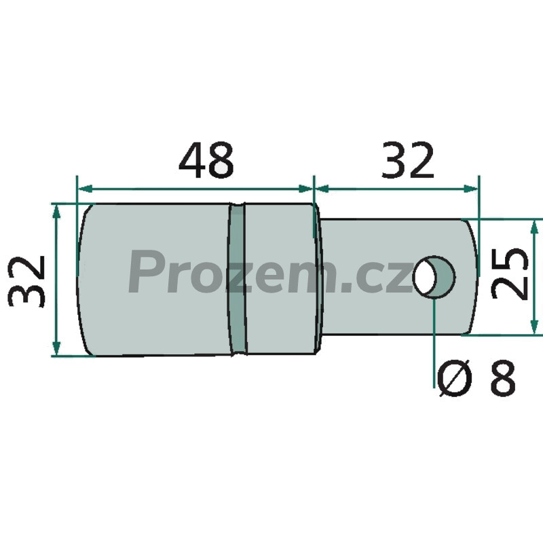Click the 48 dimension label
coord(206,160)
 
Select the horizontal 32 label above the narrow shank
coord(407,160)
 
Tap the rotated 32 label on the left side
coord(27,282)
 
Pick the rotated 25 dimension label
coord(510,274)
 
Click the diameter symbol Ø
coord(455,378)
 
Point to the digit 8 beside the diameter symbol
coord(503,377)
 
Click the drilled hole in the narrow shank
coord(434,277)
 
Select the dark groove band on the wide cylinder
coord(237,279)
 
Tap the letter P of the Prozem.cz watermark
coord(143,272)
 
